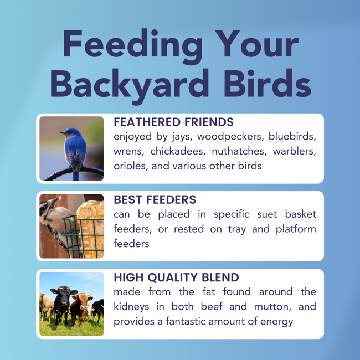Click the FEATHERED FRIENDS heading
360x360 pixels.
(173, 122)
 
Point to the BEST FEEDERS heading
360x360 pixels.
(155, 199)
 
